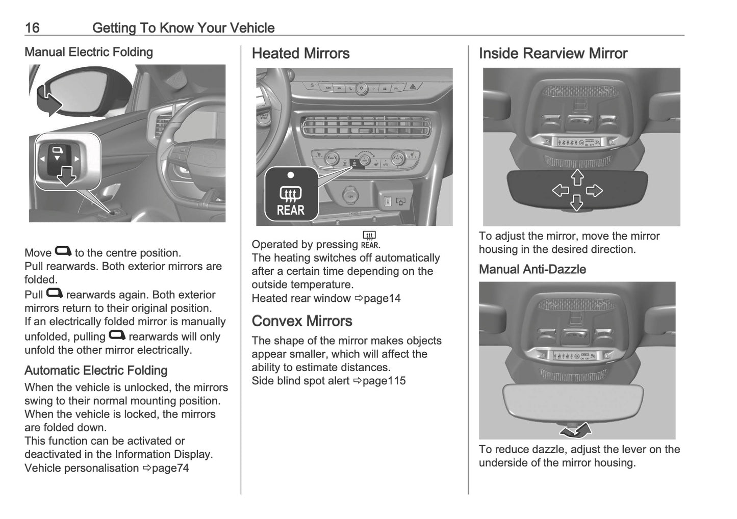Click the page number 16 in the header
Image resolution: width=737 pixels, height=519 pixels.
click(x=32, y=28)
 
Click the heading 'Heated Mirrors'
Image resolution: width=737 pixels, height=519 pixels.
click(x=300, y=54)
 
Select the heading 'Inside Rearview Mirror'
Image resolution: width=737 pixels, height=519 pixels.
click(x=553, y=54)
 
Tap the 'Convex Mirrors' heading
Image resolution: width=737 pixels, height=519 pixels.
click(x=302, y=321)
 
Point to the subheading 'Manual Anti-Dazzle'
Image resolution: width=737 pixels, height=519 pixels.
click(x=532, y=269)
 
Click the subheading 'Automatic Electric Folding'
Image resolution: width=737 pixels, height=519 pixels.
click(x=96, y=371)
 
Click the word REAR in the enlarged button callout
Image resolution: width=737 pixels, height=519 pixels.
click(x=290, y=210)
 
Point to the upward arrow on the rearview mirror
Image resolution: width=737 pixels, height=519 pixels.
click(x=577, y=177)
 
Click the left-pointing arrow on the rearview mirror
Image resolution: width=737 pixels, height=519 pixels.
click(x=561, y=191)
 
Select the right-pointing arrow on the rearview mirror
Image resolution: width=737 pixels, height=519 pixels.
click(x=594, y=191)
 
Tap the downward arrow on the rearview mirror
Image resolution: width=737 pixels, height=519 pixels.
click(x=577, y=203)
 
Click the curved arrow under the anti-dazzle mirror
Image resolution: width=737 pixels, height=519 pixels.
click(x=576, y=431)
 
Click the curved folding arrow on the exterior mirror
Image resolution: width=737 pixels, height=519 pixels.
click(x=47, y=99)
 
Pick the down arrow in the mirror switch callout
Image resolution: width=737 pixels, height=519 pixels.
click(x=66, y=176)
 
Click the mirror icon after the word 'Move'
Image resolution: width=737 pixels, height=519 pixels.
click(x=63, y=251)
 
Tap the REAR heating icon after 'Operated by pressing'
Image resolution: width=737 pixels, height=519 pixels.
click(x=369, y=239)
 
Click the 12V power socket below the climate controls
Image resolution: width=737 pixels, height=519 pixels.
click(x=351, y=196)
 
